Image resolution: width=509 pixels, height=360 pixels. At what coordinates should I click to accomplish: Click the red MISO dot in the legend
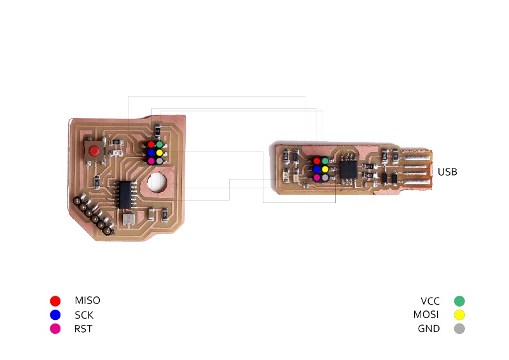click(x=55, y=301)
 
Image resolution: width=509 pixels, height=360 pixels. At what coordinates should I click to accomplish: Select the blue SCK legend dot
click(x=55, y=315)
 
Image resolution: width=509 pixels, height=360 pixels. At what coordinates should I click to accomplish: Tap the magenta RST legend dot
click(x=55, y=328)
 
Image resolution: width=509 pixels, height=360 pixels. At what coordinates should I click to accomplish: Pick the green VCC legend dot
click(x=459, y=301)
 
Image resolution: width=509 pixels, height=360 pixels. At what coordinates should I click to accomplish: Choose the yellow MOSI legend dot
click(x=459, y=315)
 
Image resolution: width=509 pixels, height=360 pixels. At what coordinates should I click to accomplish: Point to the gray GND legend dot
click(x=459, y=328)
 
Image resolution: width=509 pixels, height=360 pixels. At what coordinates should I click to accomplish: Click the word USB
click(x=447, y=172)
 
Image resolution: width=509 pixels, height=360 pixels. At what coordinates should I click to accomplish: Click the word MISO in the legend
click(x=87, y=301)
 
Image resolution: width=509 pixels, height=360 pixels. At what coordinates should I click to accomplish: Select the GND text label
click(x=428, y=328)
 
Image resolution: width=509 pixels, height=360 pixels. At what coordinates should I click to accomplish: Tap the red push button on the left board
click(x=94, y=151)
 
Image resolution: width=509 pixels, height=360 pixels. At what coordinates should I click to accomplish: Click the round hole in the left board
click(x=157, y=182)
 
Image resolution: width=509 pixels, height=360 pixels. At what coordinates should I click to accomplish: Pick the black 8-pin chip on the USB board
click(x=349, y=170)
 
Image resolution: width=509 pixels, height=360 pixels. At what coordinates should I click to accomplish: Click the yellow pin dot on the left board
click(x=160, y=153)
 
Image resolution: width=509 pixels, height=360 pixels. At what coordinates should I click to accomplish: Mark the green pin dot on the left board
click(x=160, y=144)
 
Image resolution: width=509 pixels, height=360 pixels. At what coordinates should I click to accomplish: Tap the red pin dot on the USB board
click(x=317, y=161)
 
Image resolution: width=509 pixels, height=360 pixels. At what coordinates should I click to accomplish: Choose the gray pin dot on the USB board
click(x=325, y=177)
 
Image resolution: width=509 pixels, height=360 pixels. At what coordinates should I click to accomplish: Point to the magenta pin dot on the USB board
click(x=317, y=177)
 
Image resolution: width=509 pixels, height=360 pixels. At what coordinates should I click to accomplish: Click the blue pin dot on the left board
click(x=151, y=153)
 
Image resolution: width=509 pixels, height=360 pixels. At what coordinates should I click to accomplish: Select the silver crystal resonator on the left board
click(x=129, y=219)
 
